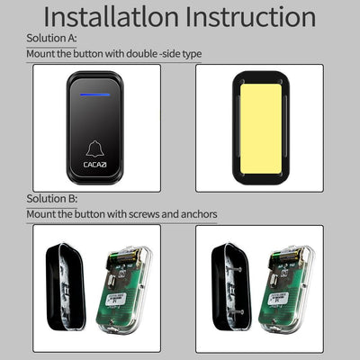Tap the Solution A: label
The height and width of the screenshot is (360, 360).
50,38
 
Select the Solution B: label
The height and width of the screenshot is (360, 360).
50,198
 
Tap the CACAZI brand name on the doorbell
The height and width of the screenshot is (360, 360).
96,165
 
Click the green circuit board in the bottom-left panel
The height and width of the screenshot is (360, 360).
121,288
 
